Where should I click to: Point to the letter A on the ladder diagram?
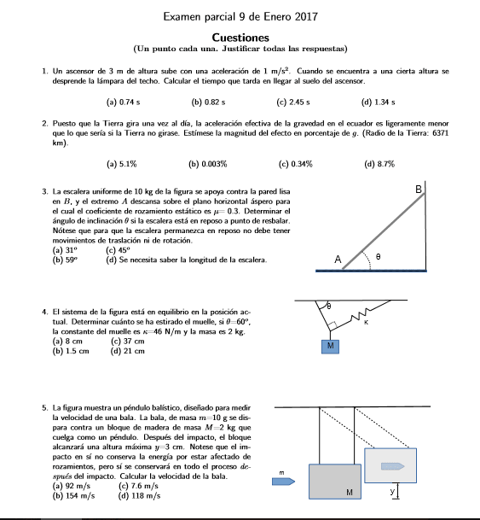(x=338, y=259)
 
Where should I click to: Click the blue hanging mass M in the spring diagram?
(x=332, y=346)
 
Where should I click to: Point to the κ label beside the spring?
(x=365, y=324)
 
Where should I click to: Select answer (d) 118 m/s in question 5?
(x=137, y=495)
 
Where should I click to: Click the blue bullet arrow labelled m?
(x=281, y=482)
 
